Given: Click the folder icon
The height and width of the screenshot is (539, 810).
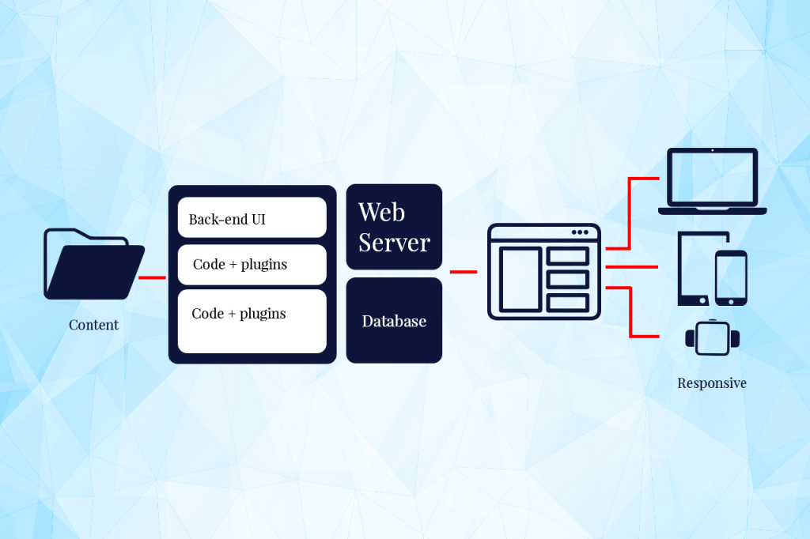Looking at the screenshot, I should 94,264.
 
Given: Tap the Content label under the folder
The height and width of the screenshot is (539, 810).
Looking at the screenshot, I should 93,325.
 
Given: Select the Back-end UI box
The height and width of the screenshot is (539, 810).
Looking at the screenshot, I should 252,218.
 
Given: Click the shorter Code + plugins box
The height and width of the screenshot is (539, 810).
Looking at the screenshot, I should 252,265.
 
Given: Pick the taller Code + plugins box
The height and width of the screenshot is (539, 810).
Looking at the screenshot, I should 252,320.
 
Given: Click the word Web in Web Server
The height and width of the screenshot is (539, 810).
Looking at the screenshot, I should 381,212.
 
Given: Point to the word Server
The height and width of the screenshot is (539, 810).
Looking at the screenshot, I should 394,243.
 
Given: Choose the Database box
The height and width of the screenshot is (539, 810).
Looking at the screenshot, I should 394,321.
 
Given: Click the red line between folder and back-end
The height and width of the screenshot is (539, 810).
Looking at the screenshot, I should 152,277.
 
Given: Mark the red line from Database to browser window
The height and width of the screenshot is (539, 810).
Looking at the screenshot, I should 464,272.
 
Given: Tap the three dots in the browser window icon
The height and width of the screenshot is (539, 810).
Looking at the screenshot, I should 580,232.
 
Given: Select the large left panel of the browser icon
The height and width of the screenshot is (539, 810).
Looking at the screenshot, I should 520,279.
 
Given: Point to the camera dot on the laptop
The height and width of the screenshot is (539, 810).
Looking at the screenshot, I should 712,150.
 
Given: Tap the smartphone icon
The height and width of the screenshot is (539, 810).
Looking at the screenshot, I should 731,277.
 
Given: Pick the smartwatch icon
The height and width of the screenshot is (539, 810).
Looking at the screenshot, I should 713,337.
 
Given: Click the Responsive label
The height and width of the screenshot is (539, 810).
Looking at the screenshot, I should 712,383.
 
